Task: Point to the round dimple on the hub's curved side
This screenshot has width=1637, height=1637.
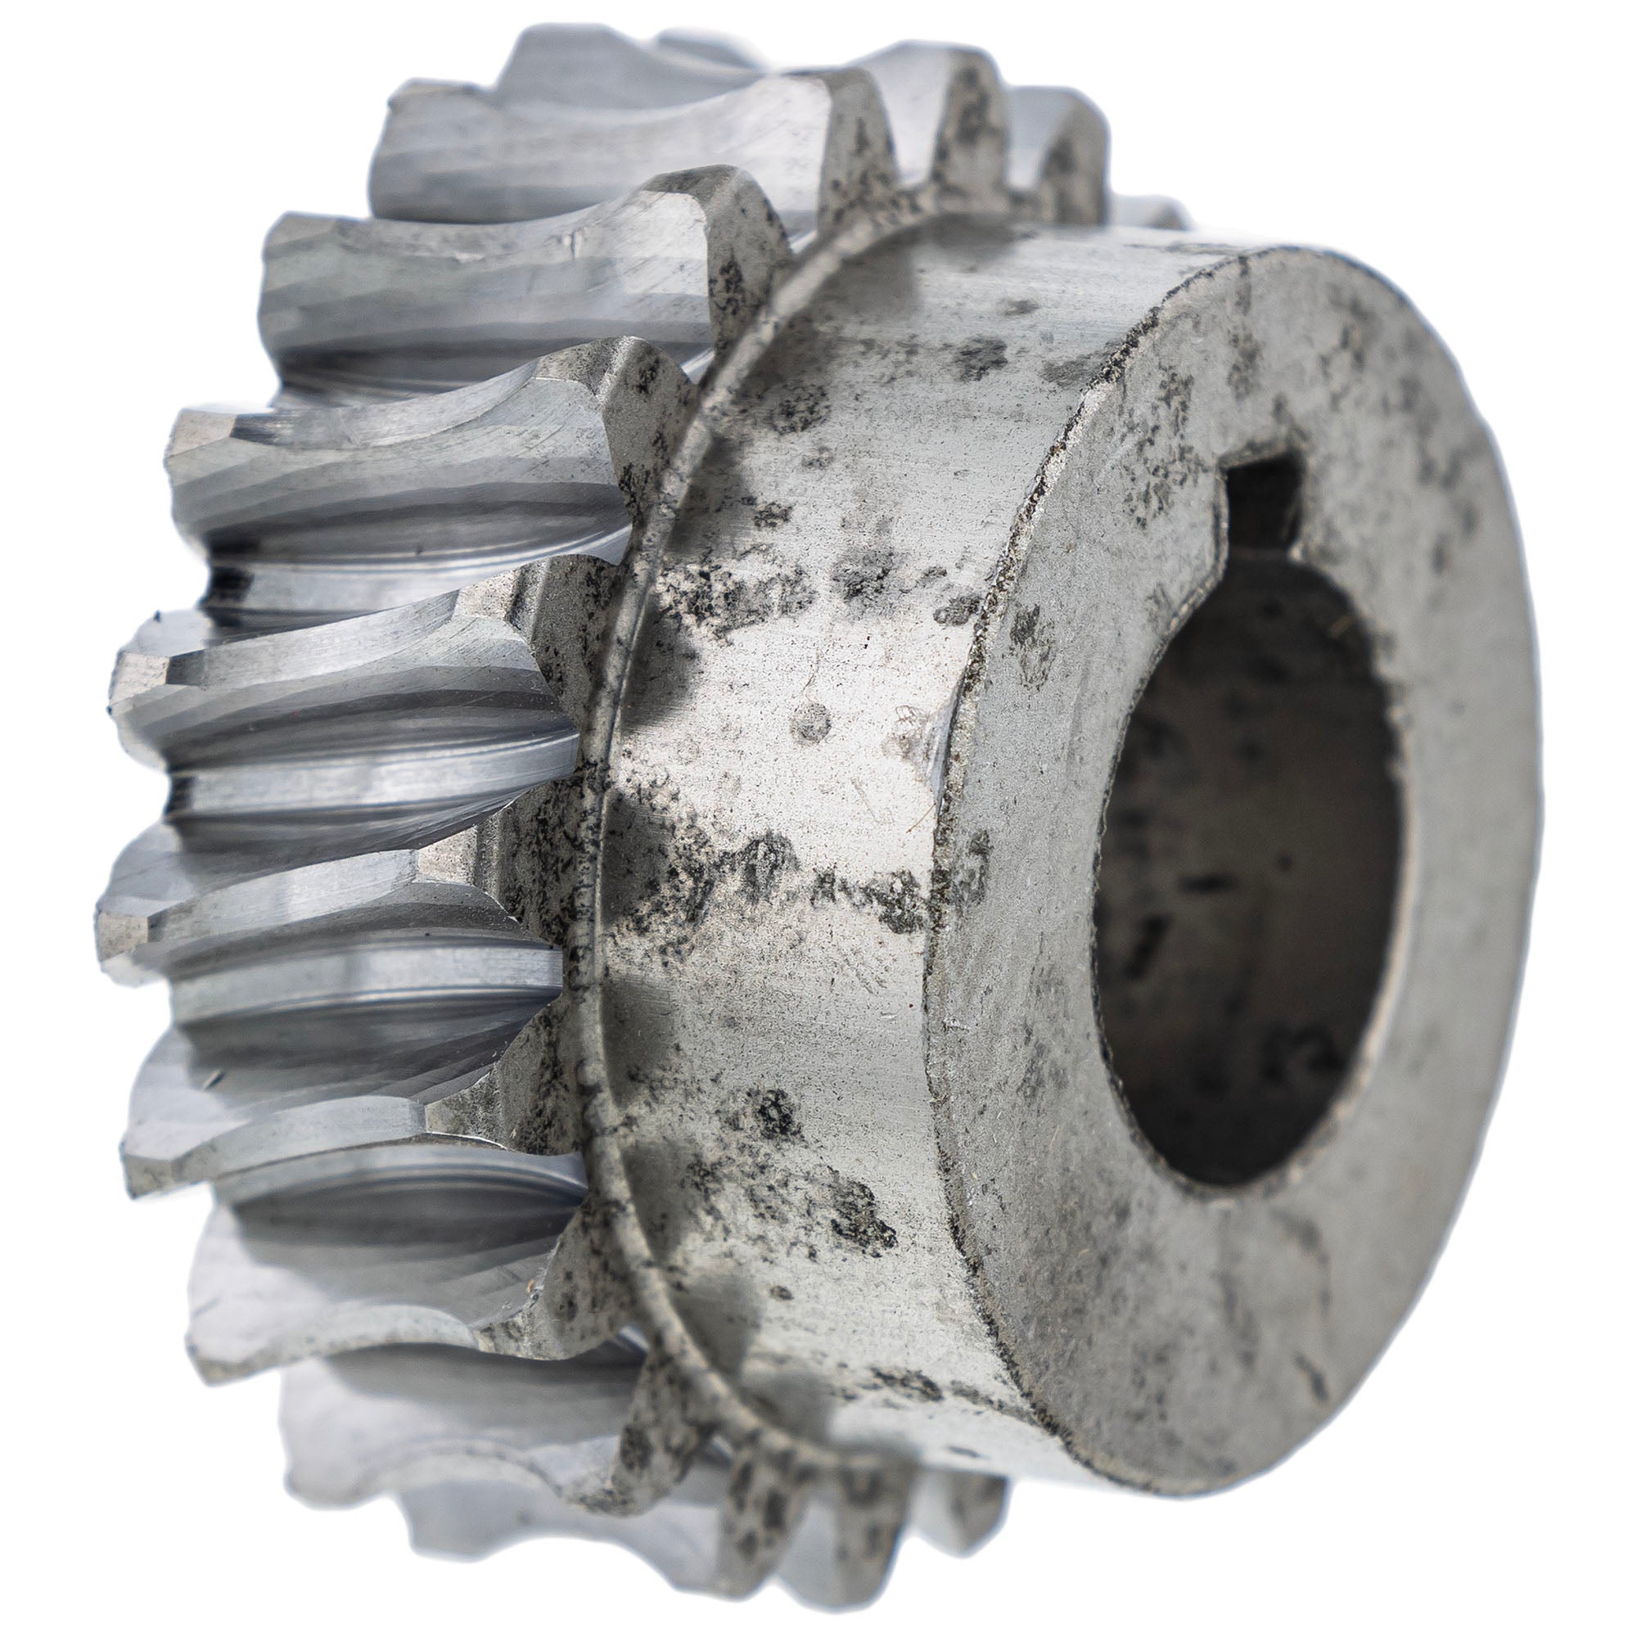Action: click(x=812, y=721)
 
